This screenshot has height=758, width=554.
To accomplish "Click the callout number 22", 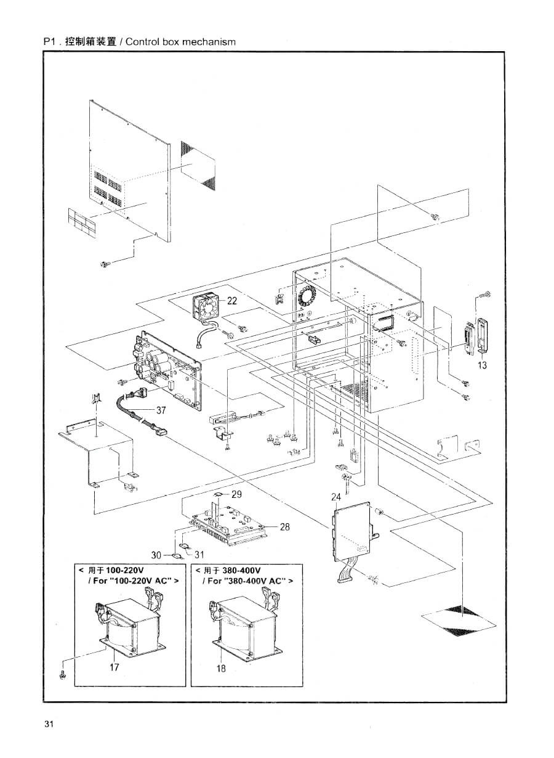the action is click(232, 300).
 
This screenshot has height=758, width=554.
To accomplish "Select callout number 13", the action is click(483, 365).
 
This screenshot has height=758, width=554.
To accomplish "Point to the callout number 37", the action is click(161, 410).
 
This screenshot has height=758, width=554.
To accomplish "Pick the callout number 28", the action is click(284, 527).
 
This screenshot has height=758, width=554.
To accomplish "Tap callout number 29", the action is click(236, 494).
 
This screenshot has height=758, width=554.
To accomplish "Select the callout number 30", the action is click(156, 555).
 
